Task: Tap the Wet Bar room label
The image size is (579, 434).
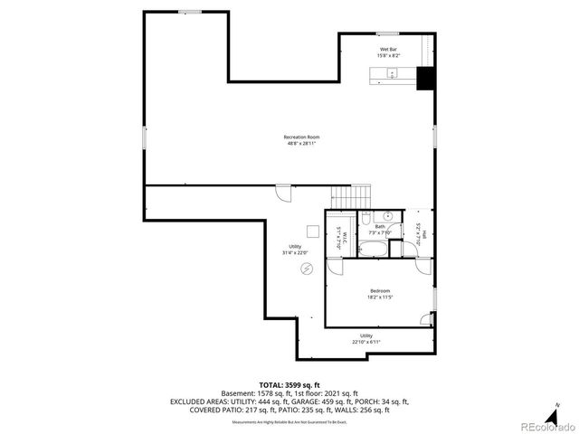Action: click(387, 52)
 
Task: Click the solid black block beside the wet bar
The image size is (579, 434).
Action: click(425, 80)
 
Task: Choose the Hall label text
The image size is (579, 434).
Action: click(419, 231)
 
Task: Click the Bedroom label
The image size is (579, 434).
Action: click(379, 293)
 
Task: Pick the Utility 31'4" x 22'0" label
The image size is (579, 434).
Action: click(295, 249)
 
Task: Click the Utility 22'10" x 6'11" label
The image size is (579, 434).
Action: click(365, 338)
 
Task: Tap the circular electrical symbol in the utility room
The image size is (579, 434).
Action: click(307, 269)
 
